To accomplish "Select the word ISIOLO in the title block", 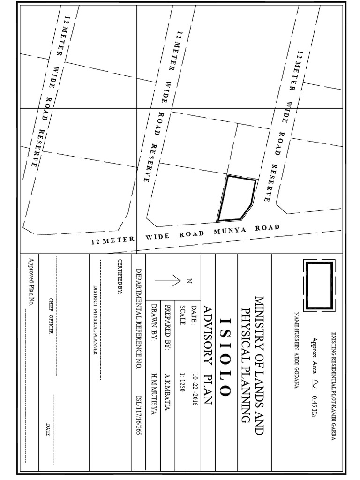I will (x=224, y=357).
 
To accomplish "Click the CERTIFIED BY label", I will (x=120, y=277).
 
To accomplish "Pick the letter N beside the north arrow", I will (x=190, y=281).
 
